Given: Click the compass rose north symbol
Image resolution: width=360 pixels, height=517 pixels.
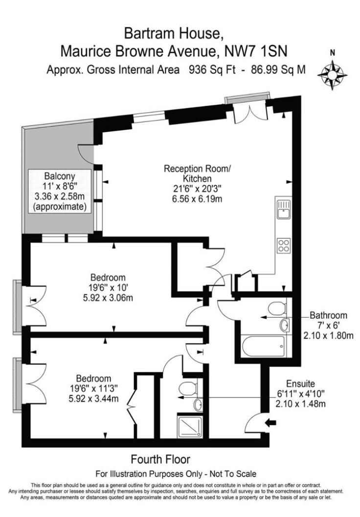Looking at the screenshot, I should (x=332, y=74).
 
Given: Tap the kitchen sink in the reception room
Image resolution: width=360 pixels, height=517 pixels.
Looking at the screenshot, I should (x=283, y=211).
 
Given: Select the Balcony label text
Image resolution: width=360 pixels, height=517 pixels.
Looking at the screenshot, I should (x=60, y=176).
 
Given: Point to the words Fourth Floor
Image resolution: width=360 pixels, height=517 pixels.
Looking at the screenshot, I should (x=160, y=459).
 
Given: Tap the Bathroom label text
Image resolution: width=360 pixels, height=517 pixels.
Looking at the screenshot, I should (x=331, y=315).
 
